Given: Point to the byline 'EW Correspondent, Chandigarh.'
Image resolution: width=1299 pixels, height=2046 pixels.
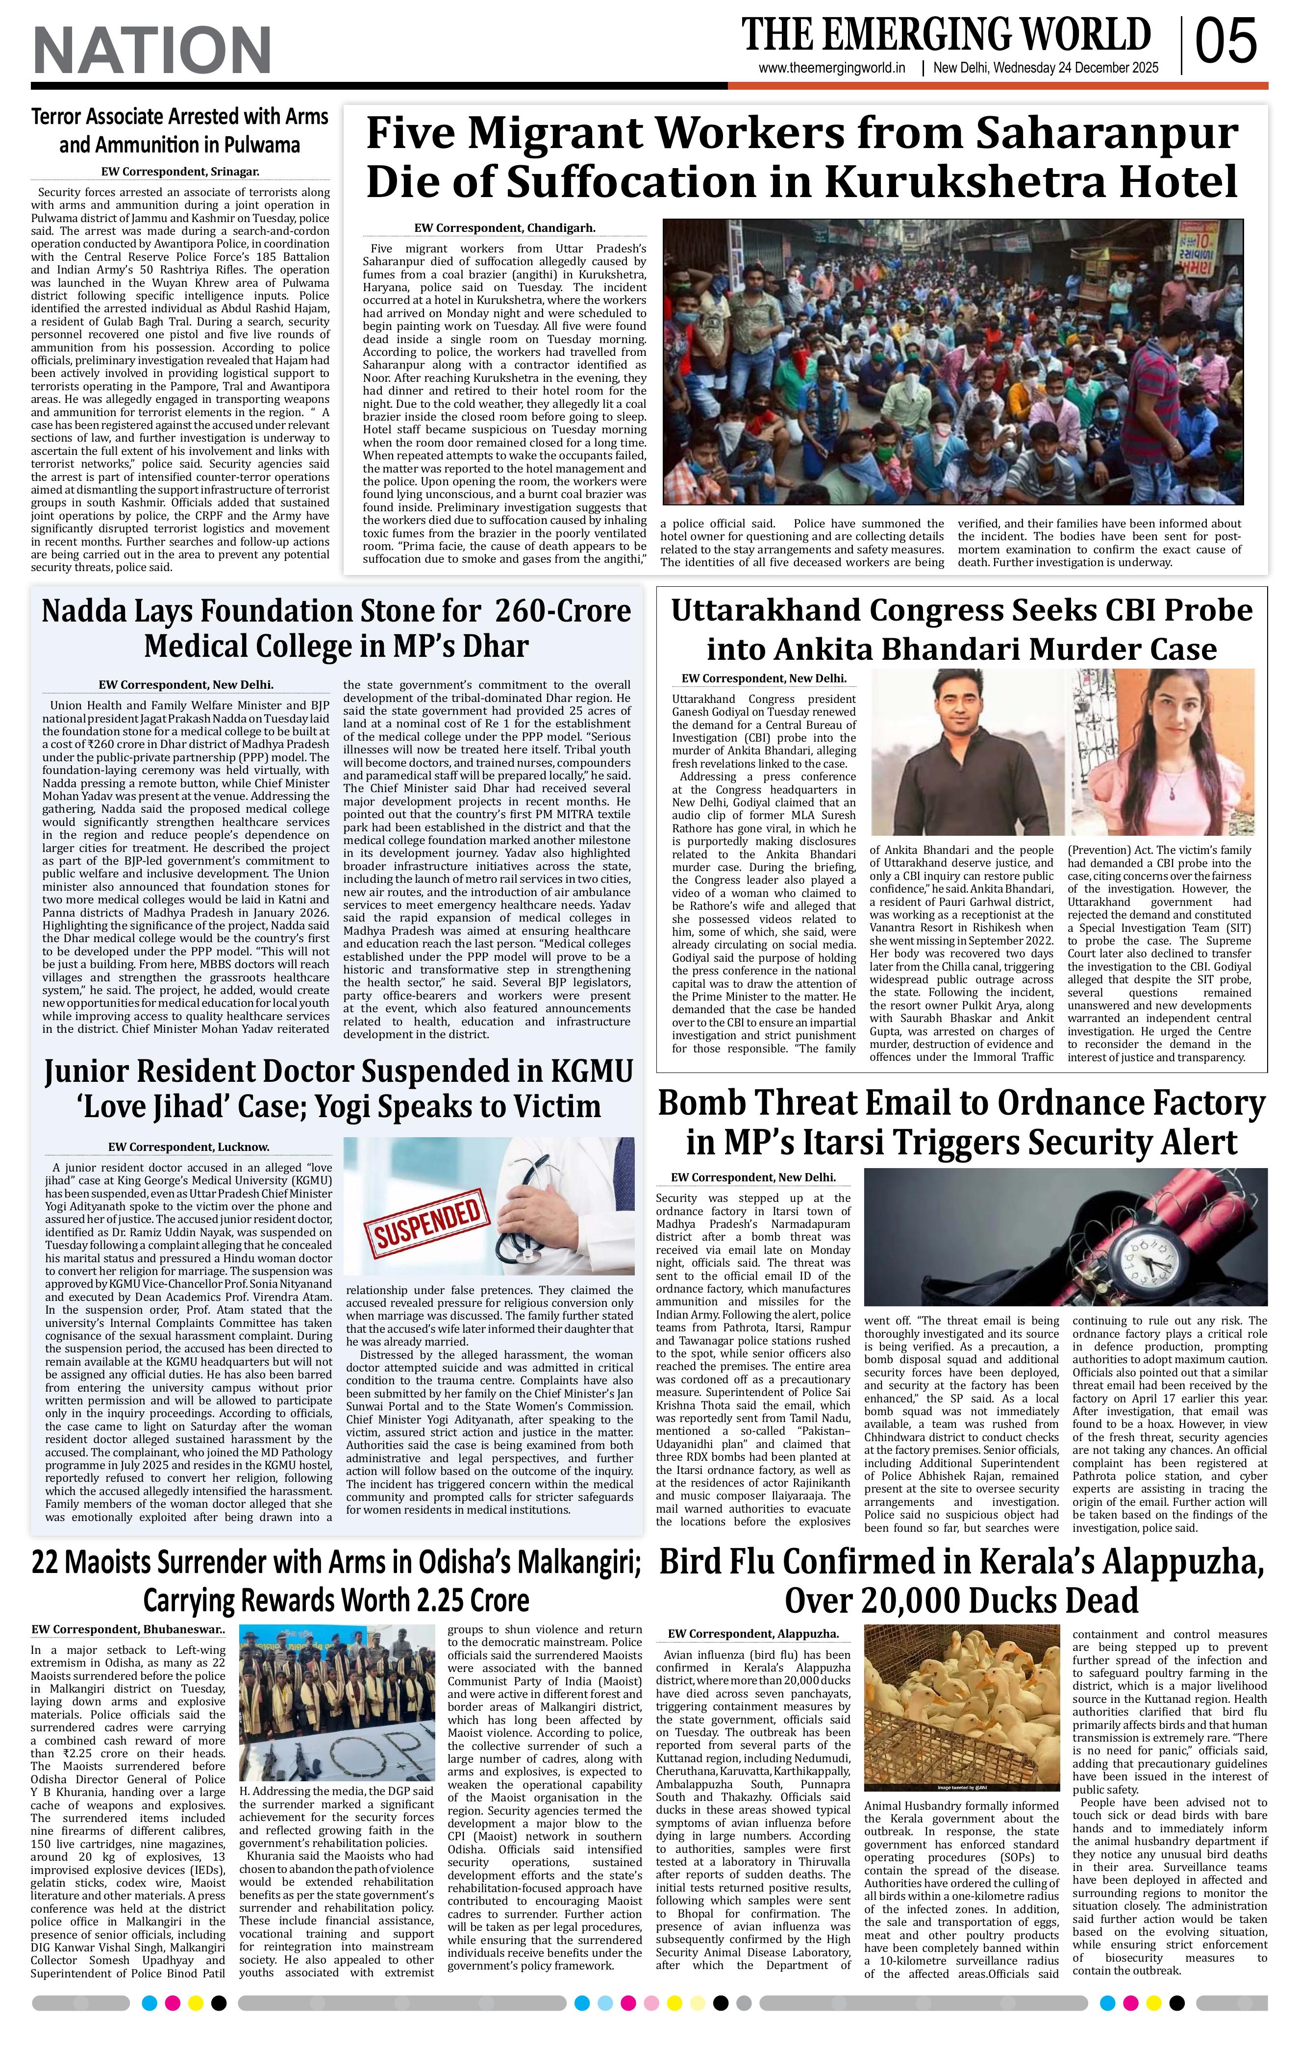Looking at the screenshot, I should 504,228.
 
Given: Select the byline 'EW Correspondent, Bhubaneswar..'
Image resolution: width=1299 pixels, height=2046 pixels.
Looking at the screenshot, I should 129,1630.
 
